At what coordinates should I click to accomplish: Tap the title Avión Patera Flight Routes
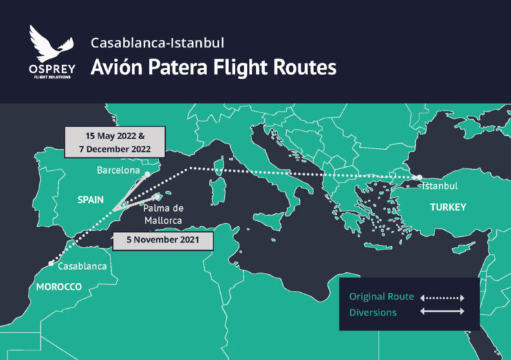click(214, 68)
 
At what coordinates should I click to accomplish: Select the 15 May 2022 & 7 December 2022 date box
click(114, 140)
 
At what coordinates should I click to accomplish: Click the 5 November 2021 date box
click(163, 240)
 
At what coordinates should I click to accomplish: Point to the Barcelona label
click(118, 170)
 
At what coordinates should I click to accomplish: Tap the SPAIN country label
click(90, 199)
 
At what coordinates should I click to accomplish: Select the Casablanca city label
click(83, 267)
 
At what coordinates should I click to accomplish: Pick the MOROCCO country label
click(55, 287)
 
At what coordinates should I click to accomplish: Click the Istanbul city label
click(440, 186)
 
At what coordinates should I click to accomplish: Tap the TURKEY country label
click(448, 208)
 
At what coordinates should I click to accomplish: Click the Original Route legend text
click(381, 297)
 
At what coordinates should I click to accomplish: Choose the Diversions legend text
click(373, 311)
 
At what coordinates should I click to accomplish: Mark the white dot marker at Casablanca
click(51, 264)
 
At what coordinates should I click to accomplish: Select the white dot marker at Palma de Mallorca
click(157, 197)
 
